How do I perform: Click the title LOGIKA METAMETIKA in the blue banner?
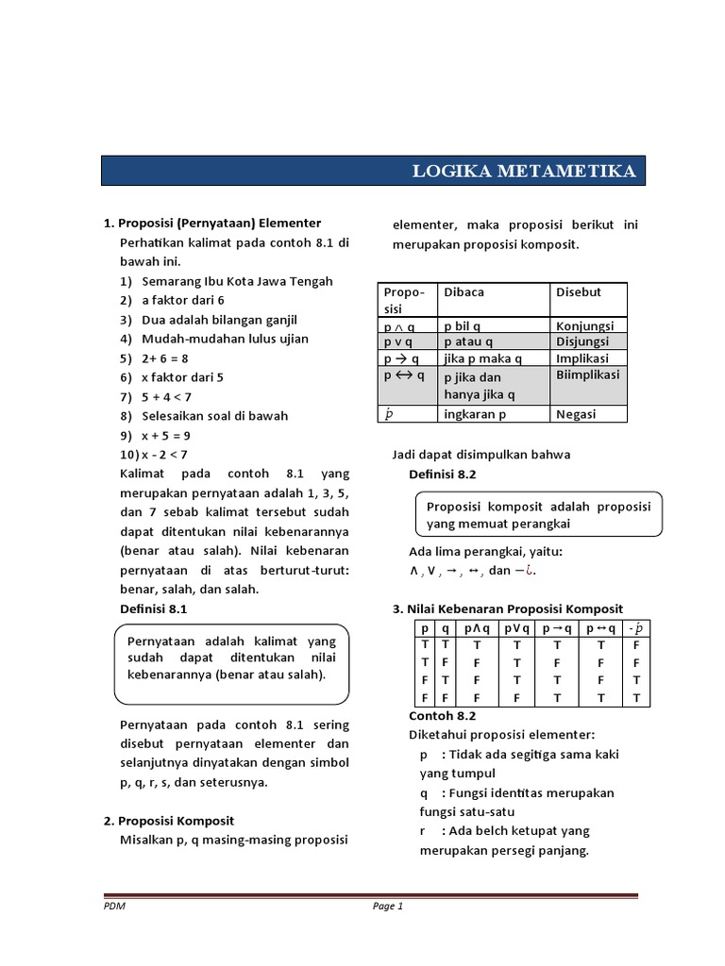tap(524, 171)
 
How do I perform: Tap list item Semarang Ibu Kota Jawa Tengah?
tap(237, 281)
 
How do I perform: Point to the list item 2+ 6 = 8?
tap(165, 358)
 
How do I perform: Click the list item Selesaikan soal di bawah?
tap(214, 415)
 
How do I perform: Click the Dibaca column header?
tap(464, 292)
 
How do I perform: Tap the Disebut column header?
tap(578, 292)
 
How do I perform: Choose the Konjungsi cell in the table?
tap(584, 325)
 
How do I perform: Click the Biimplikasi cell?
tap(587, 375)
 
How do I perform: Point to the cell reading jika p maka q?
tap(482, 358)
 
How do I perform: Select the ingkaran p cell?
tap(475, 414)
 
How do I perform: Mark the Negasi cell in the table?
tap(576, 414)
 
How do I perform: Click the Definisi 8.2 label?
tap(443, 473)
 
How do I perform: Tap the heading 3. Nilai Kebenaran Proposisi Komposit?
tap(507, 609)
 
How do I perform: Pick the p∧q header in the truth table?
tap(477, 629)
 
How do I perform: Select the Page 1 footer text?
tap(387, 908)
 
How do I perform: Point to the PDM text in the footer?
tap(114, 908)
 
